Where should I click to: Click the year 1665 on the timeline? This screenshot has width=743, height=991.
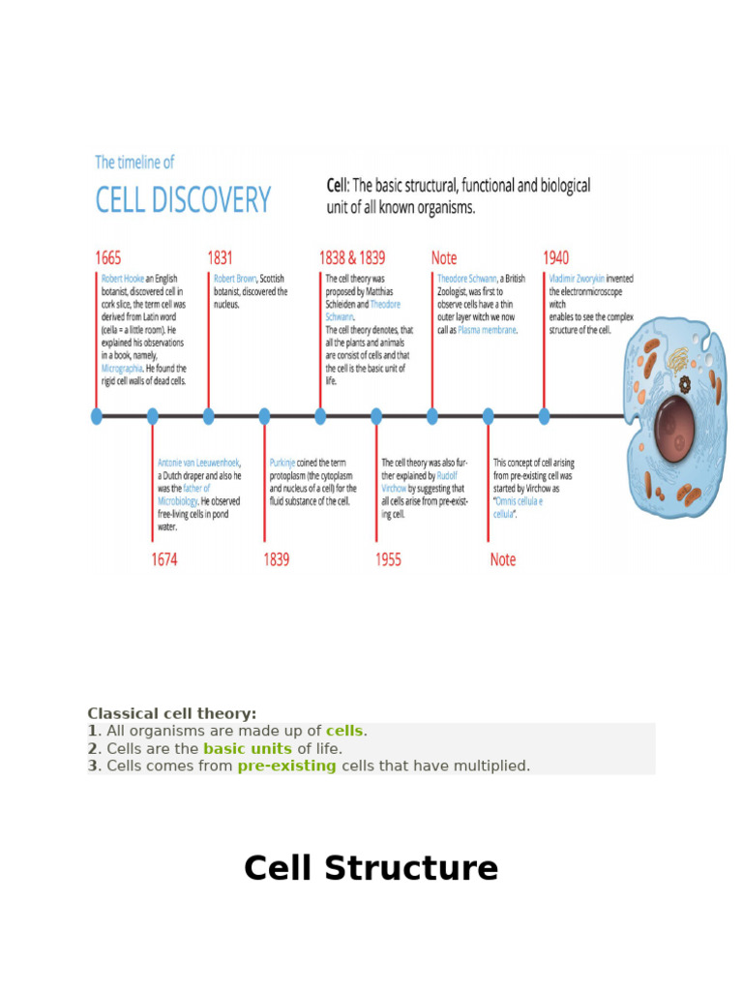pyautogui.click(x=108, y=258)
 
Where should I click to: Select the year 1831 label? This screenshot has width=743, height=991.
pyautogui.click(x=221, y=258)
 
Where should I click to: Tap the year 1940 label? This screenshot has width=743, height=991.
pyautogui.click(x=556, y=258)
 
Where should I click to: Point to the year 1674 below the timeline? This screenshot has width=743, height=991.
pyautogui.click(x=164, y=559)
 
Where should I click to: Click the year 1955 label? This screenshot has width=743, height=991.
pyautogui.click(x=388, y=559)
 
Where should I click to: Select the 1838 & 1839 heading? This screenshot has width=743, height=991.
pyautogui.click(x=352, y=258)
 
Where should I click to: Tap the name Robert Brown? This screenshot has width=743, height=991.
pyautogui.click(x=235, y=279)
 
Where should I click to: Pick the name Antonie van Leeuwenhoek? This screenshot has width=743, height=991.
pyautogui.click(x=198, y=463)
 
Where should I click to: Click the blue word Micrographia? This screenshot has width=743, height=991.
pyautogui.click(x=123, y=368)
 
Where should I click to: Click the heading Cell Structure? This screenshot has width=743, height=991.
pyautogui.click(x=371, y=868)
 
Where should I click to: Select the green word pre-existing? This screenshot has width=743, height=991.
pyautogui.click(x=287, y=766)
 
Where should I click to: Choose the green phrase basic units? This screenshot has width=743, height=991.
pyautogui.click(x=248, y=748)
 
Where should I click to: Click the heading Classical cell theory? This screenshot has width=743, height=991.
pyautogui.click(x=172, y=713)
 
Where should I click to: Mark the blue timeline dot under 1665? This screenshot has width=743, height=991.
pyautogui.click(x=97, y=416)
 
